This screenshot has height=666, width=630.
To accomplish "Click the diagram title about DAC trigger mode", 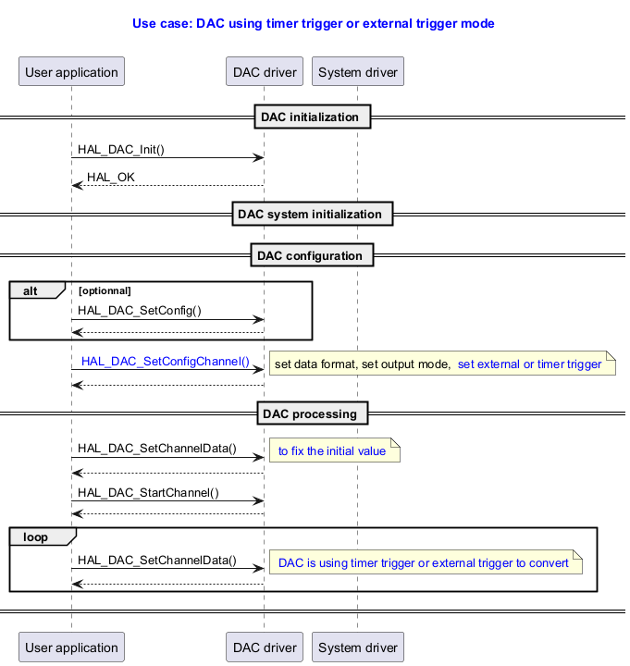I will click(314, 23).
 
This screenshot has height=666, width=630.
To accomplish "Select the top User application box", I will click(71, 72).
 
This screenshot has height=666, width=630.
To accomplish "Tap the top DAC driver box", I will click(265, 72).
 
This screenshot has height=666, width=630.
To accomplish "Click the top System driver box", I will click(358, 72).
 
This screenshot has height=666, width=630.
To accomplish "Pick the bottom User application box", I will click(71, 647).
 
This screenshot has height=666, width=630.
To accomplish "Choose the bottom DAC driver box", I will click(265, 647).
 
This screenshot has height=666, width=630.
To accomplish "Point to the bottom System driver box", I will click(358, 647).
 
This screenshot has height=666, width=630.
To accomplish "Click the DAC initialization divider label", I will click(313, 117).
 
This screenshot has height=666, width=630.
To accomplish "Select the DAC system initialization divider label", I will click(313, 214).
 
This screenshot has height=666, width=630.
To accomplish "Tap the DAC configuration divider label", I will click(313, 255).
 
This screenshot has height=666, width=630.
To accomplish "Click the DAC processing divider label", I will click(313, 413).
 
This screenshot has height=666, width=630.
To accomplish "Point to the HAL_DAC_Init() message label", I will click(121, 149).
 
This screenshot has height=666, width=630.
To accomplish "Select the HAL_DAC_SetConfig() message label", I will click(140, 311).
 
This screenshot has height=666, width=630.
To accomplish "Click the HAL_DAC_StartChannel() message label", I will click(148, 492).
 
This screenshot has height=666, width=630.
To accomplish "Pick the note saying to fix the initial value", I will click(333, 451).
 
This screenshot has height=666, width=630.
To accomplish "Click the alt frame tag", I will click(32, 290).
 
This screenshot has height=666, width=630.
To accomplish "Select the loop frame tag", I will click(37, 536).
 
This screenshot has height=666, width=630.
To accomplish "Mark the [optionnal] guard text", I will click(105, 290).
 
